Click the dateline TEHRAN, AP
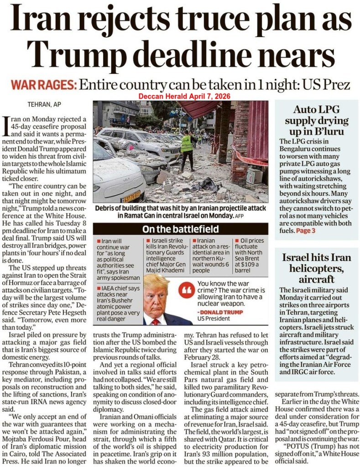click(x=44, y=104)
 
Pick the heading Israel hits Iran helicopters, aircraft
click(x=318, y=268)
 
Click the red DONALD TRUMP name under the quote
click(x=217, y=312)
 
